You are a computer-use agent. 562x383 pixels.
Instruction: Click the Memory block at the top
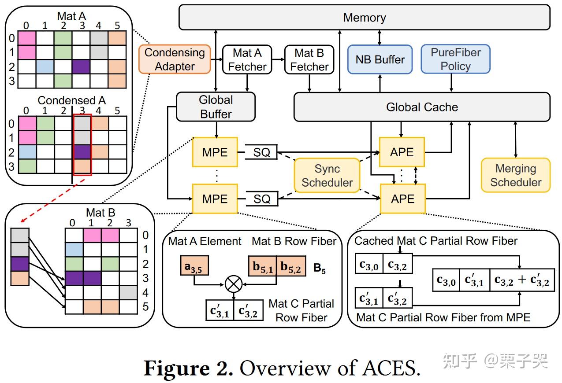pos(364,18)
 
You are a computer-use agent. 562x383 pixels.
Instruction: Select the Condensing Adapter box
pos(175,59)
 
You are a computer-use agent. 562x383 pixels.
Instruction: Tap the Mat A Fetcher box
pos(247,60)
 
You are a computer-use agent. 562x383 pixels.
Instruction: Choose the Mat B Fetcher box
pos(309,60)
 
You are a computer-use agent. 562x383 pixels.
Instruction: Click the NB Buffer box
pos(380,59)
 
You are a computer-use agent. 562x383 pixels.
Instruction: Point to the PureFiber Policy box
pos(455,59)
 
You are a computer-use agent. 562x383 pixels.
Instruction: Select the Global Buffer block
pos(216,107)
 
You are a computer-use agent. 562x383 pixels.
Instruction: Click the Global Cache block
pos(422,107)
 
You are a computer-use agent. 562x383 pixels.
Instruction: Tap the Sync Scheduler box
pos(327,176)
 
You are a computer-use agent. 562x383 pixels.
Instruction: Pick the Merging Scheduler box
pos(515,175)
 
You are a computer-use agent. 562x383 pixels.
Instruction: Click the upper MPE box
pos(215,152)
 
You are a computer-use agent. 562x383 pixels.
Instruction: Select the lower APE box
pos(402,199)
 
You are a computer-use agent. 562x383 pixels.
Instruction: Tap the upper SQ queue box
pos(262,152)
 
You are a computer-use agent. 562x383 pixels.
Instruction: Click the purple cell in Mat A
pos(81,67)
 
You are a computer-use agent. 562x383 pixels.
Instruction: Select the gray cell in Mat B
pos(128,293)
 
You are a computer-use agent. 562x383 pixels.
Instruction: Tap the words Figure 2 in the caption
pos(188,368)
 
